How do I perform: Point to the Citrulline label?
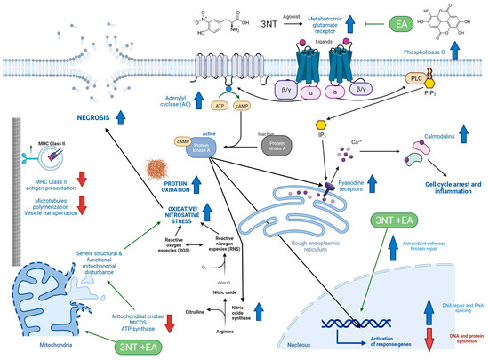(x=197, y=285)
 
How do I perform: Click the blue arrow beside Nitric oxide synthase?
(x=282, y=289)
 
